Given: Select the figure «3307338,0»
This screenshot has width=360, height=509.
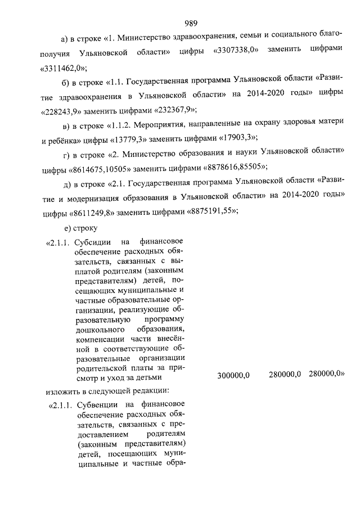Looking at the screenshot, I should coord(236,51).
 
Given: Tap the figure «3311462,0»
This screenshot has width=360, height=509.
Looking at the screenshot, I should coord(63,67).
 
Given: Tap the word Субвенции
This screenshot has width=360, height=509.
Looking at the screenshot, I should coord(96,404).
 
